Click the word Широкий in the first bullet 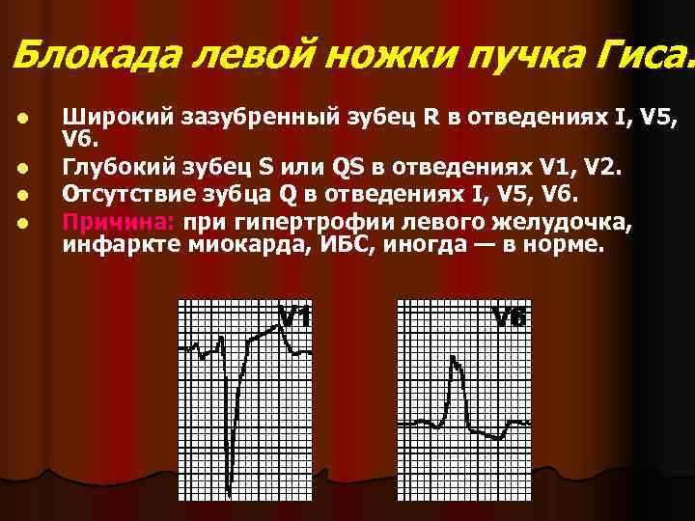[116, 118]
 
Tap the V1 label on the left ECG [295, 316]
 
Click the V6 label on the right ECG [509, 316]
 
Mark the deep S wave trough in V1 [231, 488]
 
